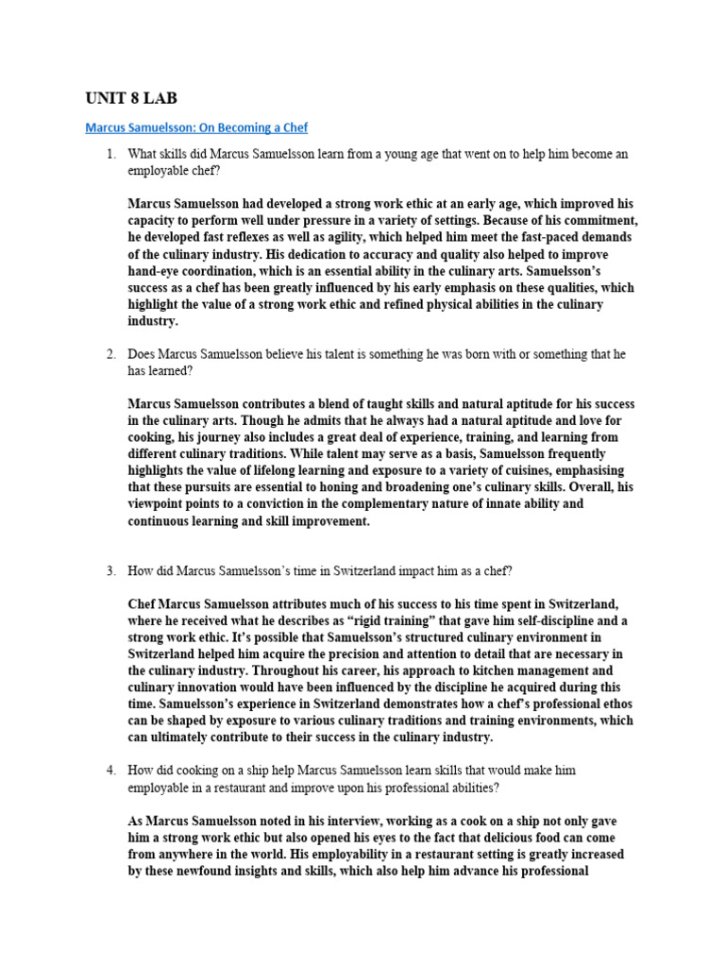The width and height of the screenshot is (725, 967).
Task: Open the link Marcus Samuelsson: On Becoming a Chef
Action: (x=196, y=127)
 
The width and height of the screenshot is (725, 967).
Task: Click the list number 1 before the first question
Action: (x=110, y=154)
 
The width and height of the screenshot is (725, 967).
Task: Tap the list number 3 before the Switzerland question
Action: (x=110, y=571)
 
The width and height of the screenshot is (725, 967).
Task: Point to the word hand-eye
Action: (x=155, y=271)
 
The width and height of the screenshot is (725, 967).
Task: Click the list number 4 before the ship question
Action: (x=110, y=772)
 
